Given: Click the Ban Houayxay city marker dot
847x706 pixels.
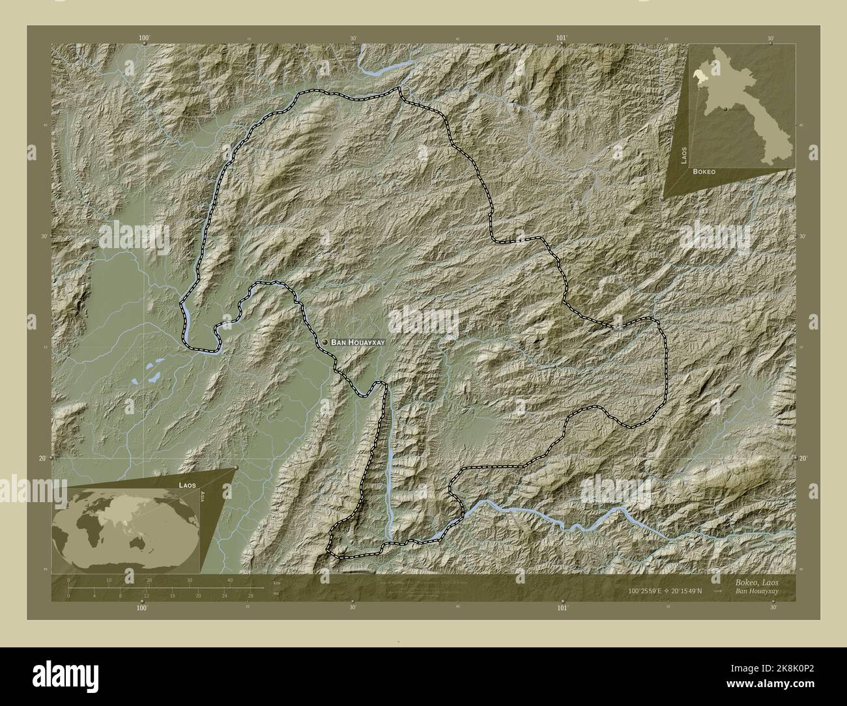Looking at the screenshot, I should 324,342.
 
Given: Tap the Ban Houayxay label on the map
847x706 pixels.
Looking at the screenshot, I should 358,342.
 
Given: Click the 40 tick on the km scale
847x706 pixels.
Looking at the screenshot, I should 230,580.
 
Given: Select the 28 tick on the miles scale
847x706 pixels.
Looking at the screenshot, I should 250,596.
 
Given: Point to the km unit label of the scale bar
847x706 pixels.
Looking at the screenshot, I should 276,582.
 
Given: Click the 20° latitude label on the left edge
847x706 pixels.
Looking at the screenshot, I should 42,459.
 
